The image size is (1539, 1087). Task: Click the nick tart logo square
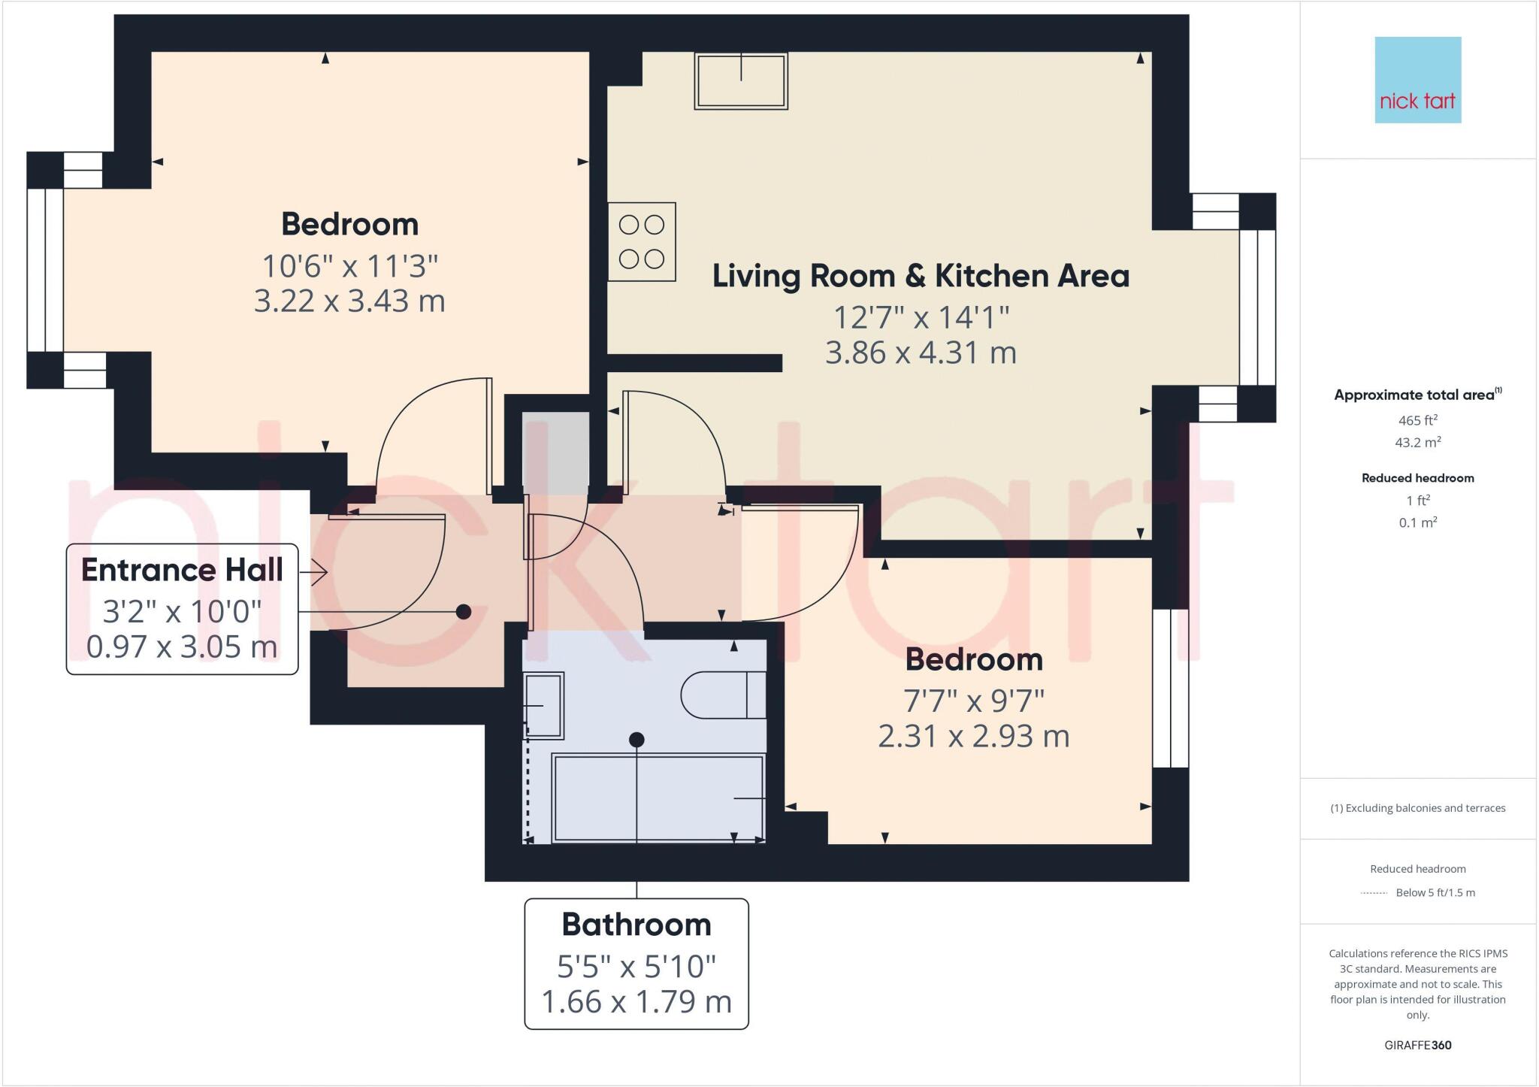tap(1417, 80)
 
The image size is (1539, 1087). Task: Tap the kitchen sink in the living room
tap(741, 81)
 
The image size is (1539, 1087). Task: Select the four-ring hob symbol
tap(642, 241)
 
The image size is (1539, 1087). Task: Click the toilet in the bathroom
tap(722, 695)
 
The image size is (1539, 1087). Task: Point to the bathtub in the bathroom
tap(658, 798)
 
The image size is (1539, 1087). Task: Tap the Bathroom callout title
tap(636, 925)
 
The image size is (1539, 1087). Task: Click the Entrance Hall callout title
tap(182, 570)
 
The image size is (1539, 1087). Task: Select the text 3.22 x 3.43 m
tap(349, 301)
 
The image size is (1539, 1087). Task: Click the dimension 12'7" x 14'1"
tap(921, 316)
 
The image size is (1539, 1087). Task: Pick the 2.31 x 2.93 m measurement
tap(973, 735)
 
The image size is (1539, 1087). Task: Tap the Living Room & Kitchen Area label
tap(921, 276)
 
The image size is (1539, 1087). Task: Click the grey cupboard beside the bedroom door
tap(555, 451)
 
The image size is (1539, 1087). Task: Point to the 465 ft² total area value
tap(1417, 420)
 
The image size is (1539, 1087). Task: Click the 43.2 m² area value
tap(1417, 443)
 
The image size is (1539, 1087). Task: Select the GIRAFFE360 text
tap(1417, 1045)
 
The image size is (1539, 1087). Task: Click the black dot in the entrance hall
tap(464, 612)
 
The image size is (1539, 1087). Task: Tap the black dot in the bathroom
tap(636, 740)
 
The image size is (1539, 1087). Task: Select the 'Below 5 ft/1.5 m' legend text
tap(1435, 892)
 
